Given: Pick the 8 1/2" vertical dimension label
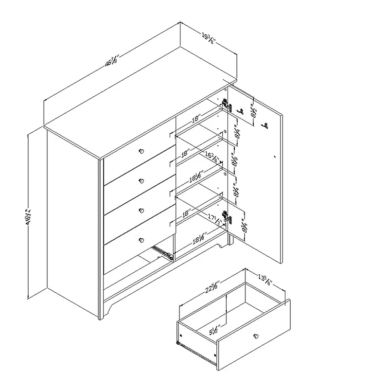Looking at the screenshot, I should pos(253,113).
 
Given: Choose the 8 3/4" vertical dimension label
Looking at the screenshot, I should pos(243,227).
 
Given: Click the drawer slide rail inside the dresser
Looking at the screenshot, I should pos(162,251).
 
